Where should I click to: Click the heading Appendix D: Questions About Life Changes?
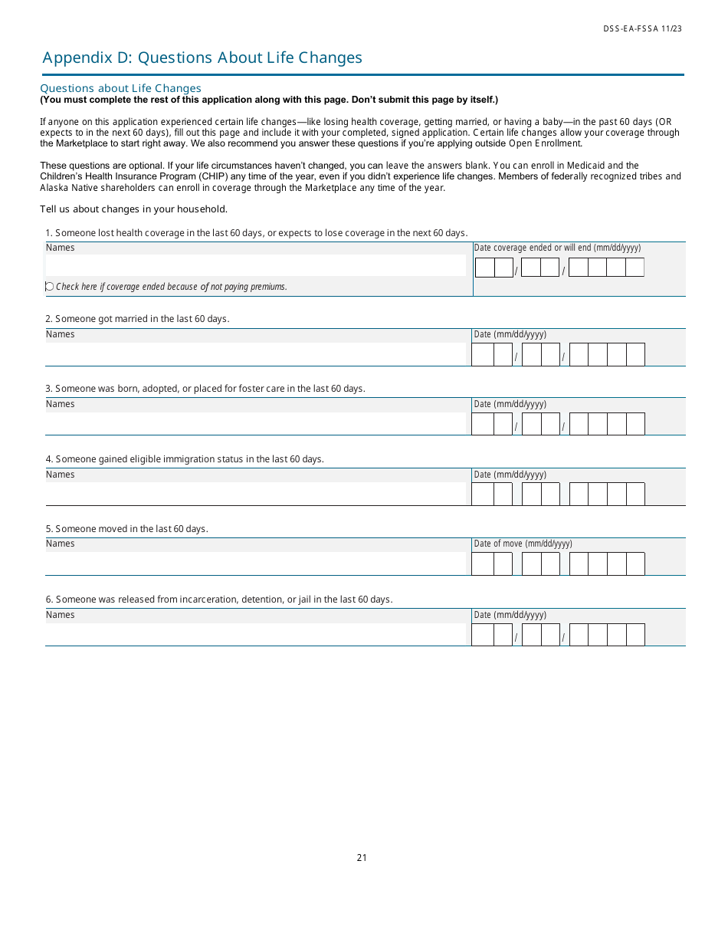[202, 58]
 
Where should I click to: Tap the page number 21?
[362, 857]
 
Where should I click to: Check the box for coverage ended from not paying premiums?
[50, 287]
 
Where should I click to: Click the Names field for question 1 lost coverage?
[255, 265]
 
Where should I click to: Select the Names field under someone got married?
[255, 354]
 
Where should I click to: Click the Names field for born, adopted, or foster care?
[255, 424]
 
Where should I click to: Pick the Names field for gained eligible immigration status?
[255, 494]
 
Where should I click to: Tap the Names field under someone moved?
[255, 563]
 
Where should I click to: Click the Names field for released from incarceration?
[255, 634]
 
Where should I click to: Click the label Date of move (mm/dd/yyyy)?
[523, 544]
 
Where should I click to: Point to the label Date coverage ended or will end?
[557, 248]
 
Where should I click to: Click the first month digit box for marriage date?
[482, 355]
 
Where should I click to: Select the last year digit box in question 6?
[635, 635]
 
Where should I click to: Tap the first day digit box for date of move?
[531, 564]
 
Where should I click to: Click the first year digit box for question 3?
[579, 424]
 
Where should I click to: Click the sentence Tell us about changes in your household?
[133, 209]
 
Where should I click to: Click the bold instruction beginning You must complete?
[269, 100]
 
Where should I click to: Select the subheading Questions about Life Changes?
[120, 88]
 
